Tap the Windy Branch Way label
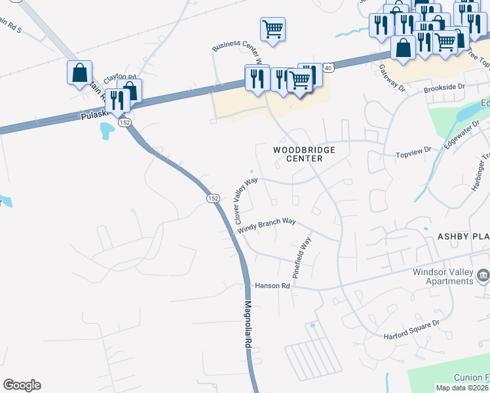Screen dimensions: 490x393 click(x=267, y=225)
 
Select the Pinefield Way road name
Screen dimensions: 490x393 click(x=301, y=258)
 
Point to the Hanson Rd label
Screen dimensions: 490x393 click(x=272, y=286)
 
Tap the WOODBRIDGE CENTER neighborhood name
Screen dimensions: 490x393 click(x=304, y=154)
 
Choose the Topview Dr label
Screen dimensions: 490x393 click(x=413, y=152)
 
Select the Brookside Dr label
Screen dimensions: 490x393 click(x=443, y=86)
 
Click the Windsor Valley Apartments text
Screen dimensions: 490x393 click(x=442, y=277)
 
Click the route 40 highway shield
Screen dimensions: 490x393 click(x=329, y=67)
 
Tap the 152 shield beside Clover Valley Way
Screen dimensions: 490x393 click(x=212, y=198)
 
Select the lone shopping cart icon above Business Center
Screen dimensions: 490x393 click(x=273, y=28)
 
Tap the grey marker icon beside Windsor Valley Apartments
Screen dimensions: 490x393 click(x=483, y=275)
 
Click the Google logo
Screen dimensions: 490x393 click(x=22, y=385)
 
